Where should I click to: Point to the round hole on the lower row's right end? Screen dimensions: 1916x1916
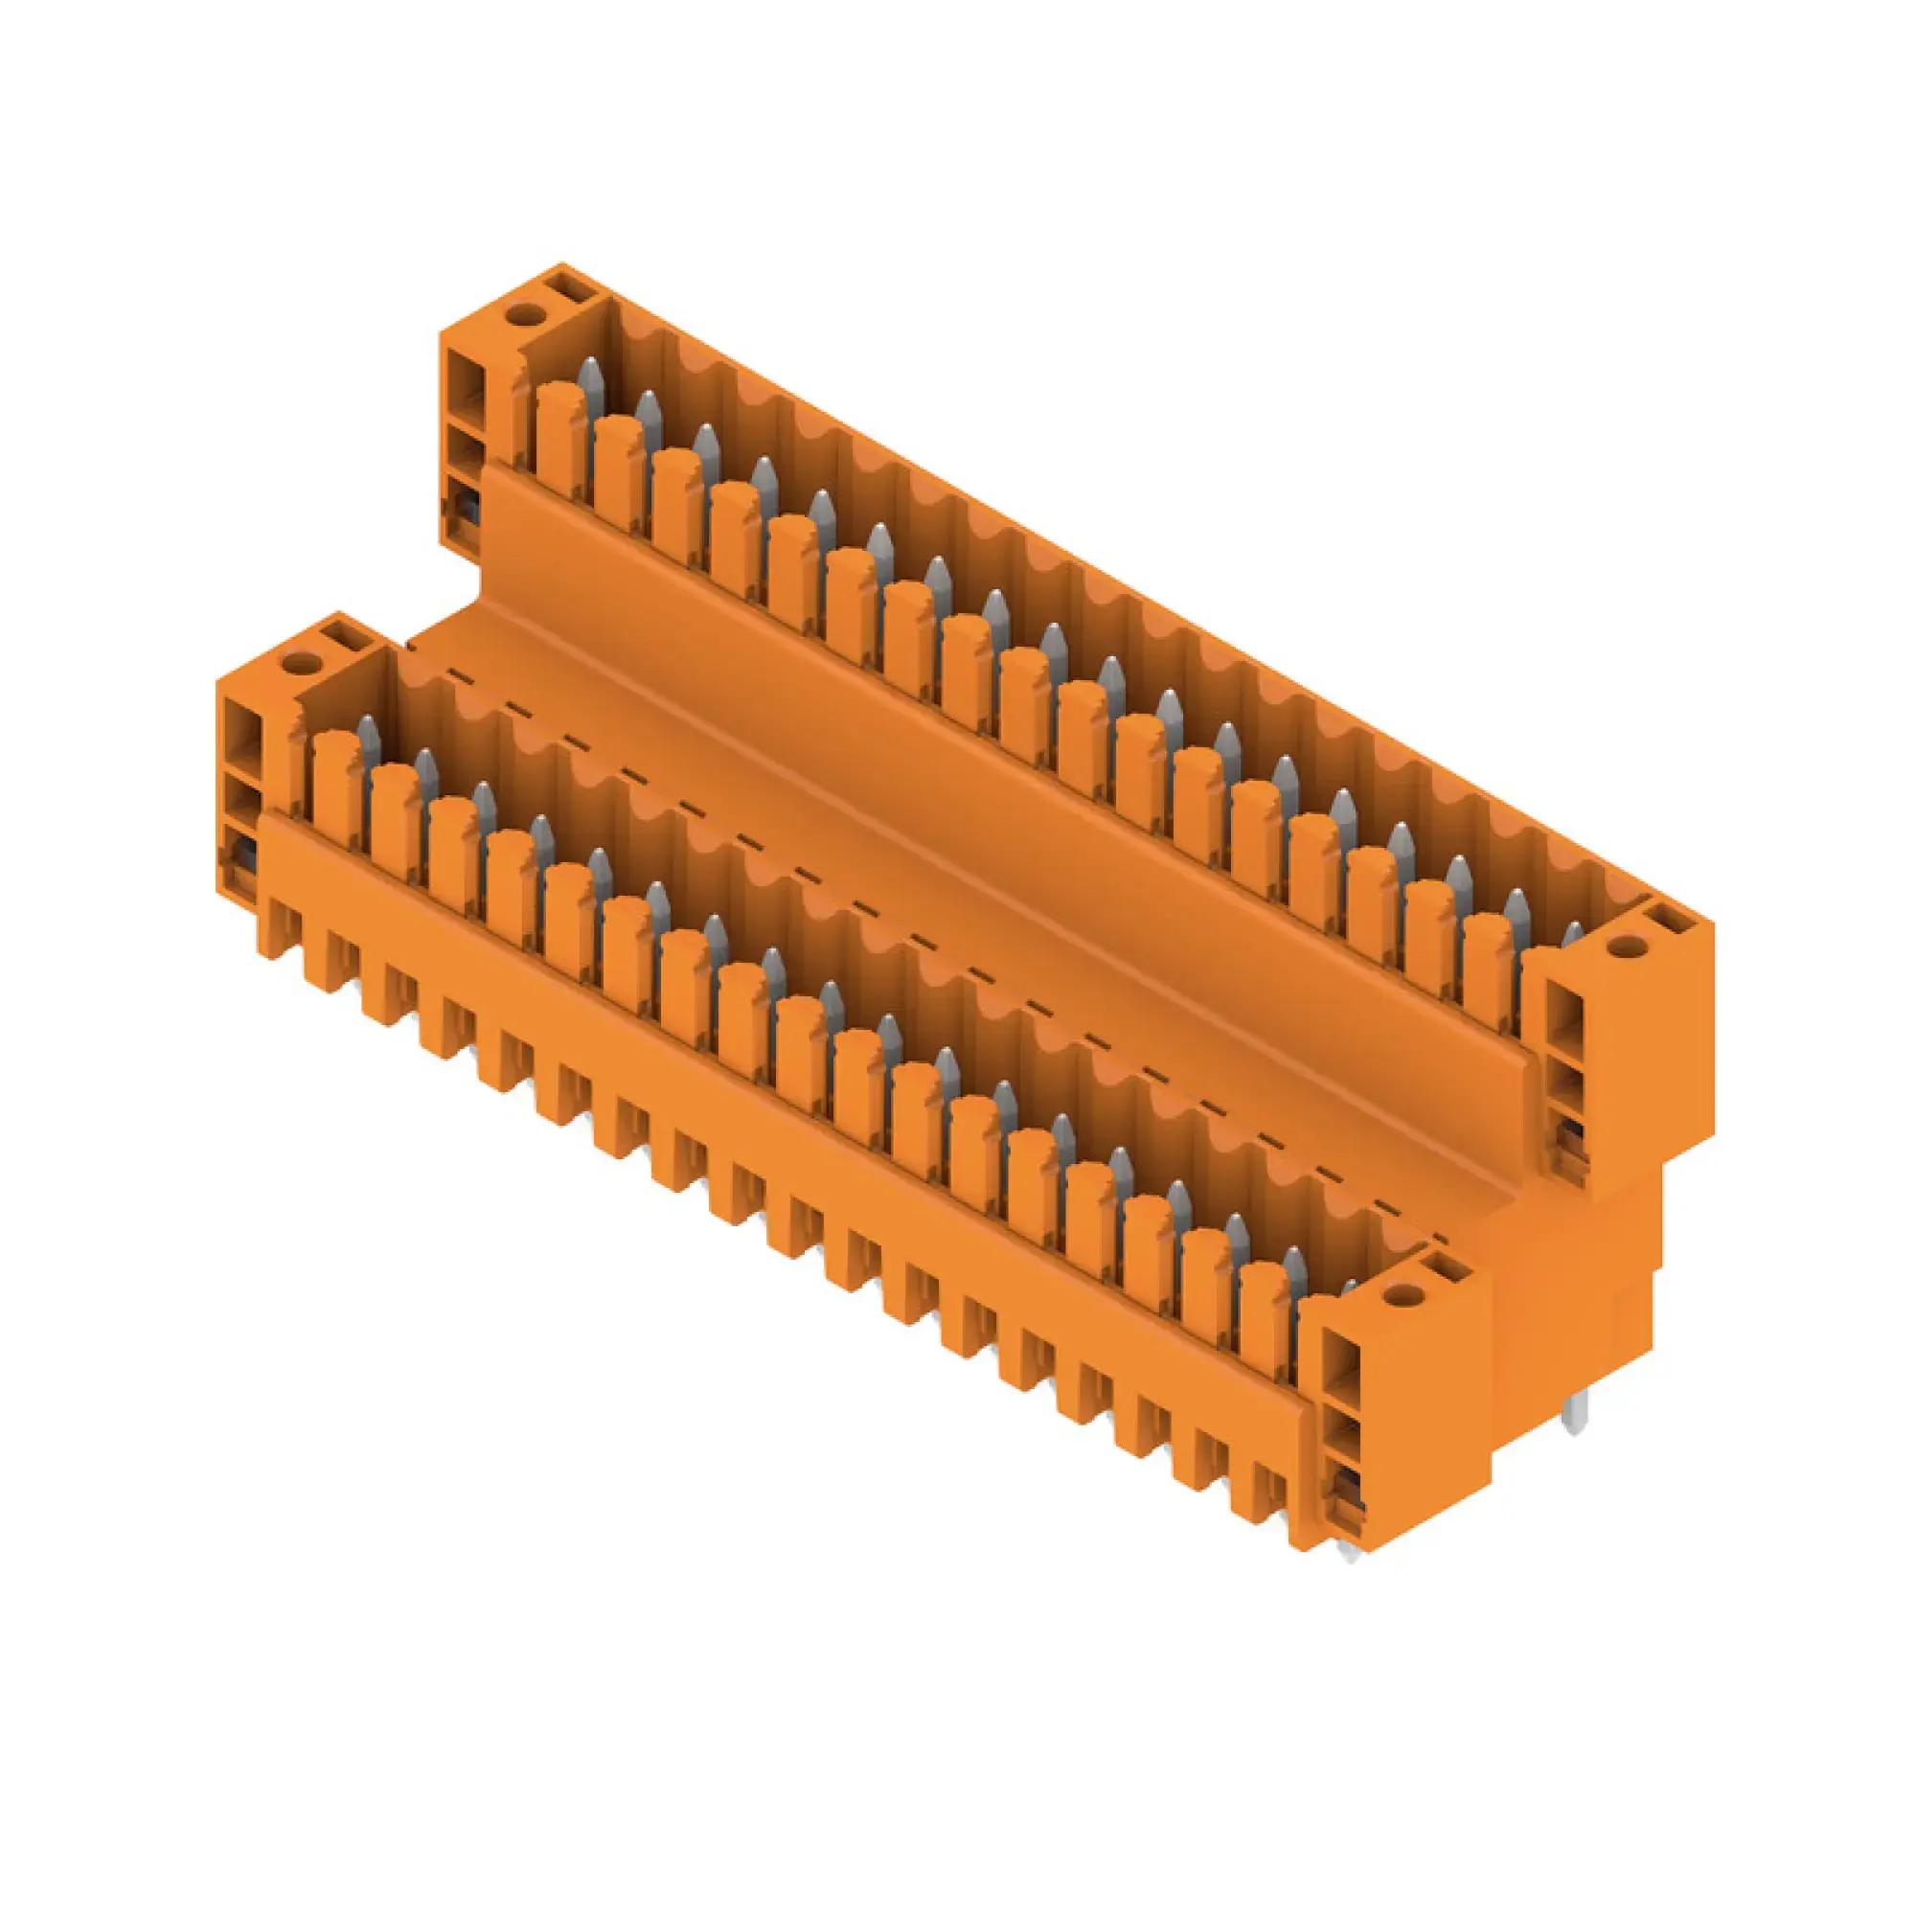point(1403,1295)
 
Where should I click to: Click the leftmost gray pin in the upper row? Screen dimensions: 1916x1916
point(591,384)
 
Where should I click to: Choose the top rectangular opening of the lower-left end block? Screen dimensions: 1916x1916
point(240,728)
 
